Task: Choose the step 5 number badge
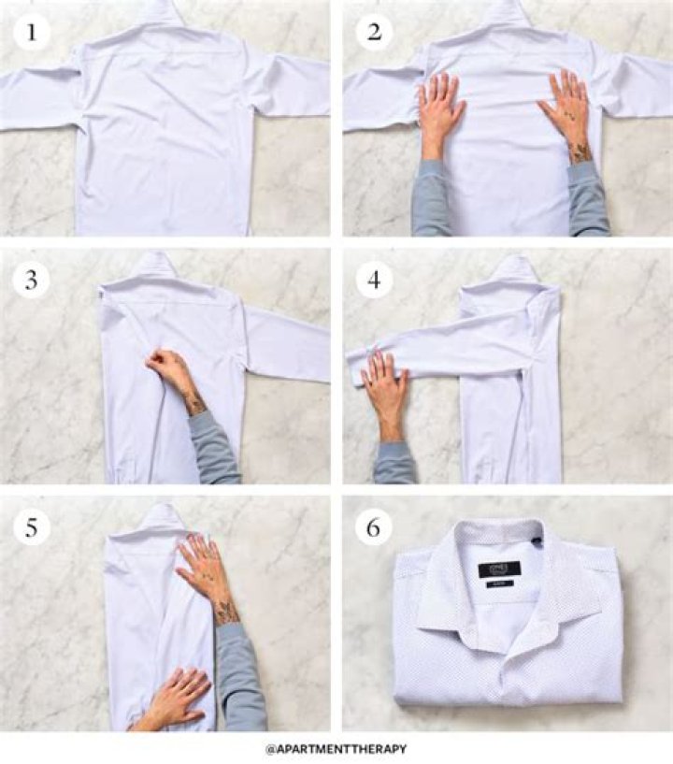click(32, 527)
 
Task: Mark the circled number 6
click(374, 527)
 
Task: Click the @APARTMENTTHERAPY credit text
click(336, 749)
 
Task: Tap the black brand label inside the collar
click(498, 569)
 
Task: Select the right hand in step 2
click(566, 108)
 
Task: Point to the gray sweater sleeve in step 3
click(215, 449)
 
